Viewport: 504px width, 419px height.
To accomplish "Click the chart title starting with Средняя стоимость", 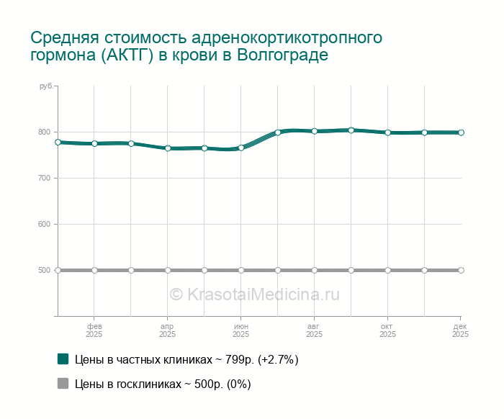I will tap(206, 46).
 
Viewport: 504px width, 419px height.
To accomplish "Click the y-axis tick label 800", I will tap(45, 132).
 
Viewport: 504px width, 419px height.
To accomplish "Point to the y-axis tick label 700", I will tap(45, 178).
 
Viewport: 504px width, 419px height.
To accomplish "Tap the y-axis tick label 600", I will tap(45, 224).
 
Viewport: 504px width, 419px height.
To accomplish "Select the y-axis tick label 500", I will tap(45, 270).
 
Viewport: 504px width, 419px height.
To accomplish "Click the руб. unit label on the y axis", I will tap(45, 86).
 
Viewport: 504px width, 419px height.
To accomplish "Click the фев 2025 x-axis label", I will tap(94, 330).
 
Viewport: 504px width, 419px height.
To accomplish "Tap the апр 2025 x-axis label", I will tap(168, 330).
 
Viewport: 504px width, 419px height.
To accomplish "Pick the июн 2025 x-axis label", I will tap(241, 330).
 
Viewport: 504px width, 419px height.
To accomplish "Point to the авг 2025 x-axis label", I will tap(315, 330).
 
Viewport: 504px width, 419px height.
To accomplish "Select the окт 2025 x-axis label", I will tap(388, 330).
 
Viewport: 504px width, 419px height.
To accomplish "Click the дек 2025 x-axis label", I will tap(461, 330).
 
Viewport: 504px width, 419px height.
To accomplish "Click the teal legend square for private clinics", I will tap(63, 359).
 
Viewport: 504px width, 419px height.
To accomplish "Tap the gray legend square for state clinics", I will tap(63, 384).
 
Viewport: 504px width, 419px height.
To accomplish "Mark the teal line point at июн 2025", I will tap(241, 148).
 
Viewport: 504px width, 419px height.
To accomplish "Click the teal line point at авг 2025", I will tap(315, 131).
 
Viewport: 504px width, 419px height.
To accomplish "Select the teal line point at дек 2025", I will tap(461, 132).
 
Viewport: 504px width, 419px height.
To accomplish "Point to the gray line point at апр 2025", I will tap(168, 270).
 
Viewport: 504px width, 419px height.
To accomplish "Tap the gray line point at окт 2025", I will tap(388, 270).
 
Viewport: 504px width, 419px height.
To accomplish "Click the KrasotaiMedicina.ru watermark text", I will tap(254, 294).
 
